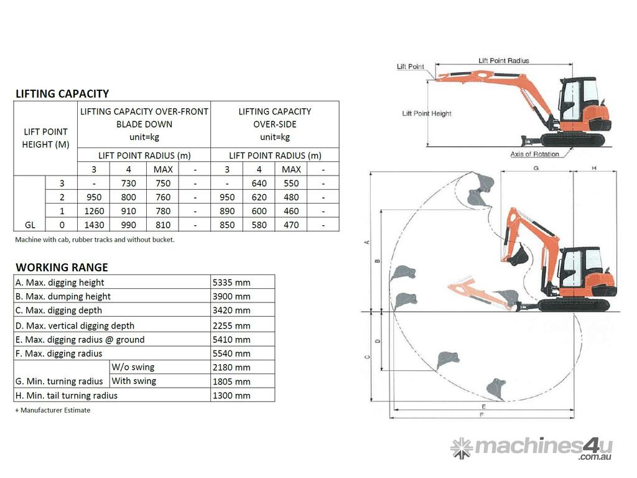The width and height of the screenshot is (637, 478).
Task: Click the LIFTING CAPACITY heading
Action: click(x=62, y=93)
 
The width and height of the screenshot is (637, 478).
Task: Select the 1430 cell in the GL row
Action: click(x=94, y=225)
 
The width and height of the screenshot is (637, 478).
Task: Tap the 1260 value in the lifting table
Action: click(x=94, y=211)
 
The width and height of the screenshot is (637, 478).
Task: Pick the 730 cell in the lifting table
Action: click(x=128, y=183)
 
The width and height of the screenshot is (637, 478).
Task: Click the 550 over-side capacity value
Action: click(x=291, y=183)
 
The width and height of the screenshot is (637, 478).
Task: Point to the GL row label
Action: click(x=29, y=225)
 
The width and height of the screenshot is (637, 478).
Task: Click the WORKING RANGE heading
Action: click(x=62, y=267)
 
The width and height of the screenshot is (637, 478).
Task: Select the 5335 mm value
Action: click(x=231, y=282)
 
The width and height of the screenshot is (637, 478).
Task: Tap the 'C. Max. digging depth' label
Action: click(x=58, y=310)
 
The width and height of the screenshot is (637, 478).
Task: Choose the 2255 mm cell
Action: click(x=231, y=325)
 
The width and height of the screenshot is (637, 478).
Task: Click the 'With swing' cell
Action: click(x=134, y=381)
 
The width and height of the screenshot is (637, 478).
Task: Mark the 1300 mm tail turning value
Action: click(x=231, y=395)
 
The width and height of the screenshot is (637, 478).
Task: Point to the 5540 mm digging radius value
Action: click(x=231, y=353)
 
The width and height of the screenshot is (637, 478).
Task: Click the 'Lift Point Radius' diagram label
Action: click(x=503, y=60)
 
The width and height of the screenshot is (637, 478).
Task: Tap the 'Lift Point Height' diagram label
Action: click(x=427, y=113)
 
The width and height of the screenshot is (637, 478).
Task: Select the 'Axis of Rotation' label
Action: click(x=534, y=154)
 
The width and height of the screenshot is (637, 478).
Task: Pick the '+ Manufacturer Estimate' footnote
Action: click(x=53, y=410)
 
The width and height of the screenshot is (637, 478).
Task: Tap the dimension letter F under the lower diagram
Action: click(x=483, y=414)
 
